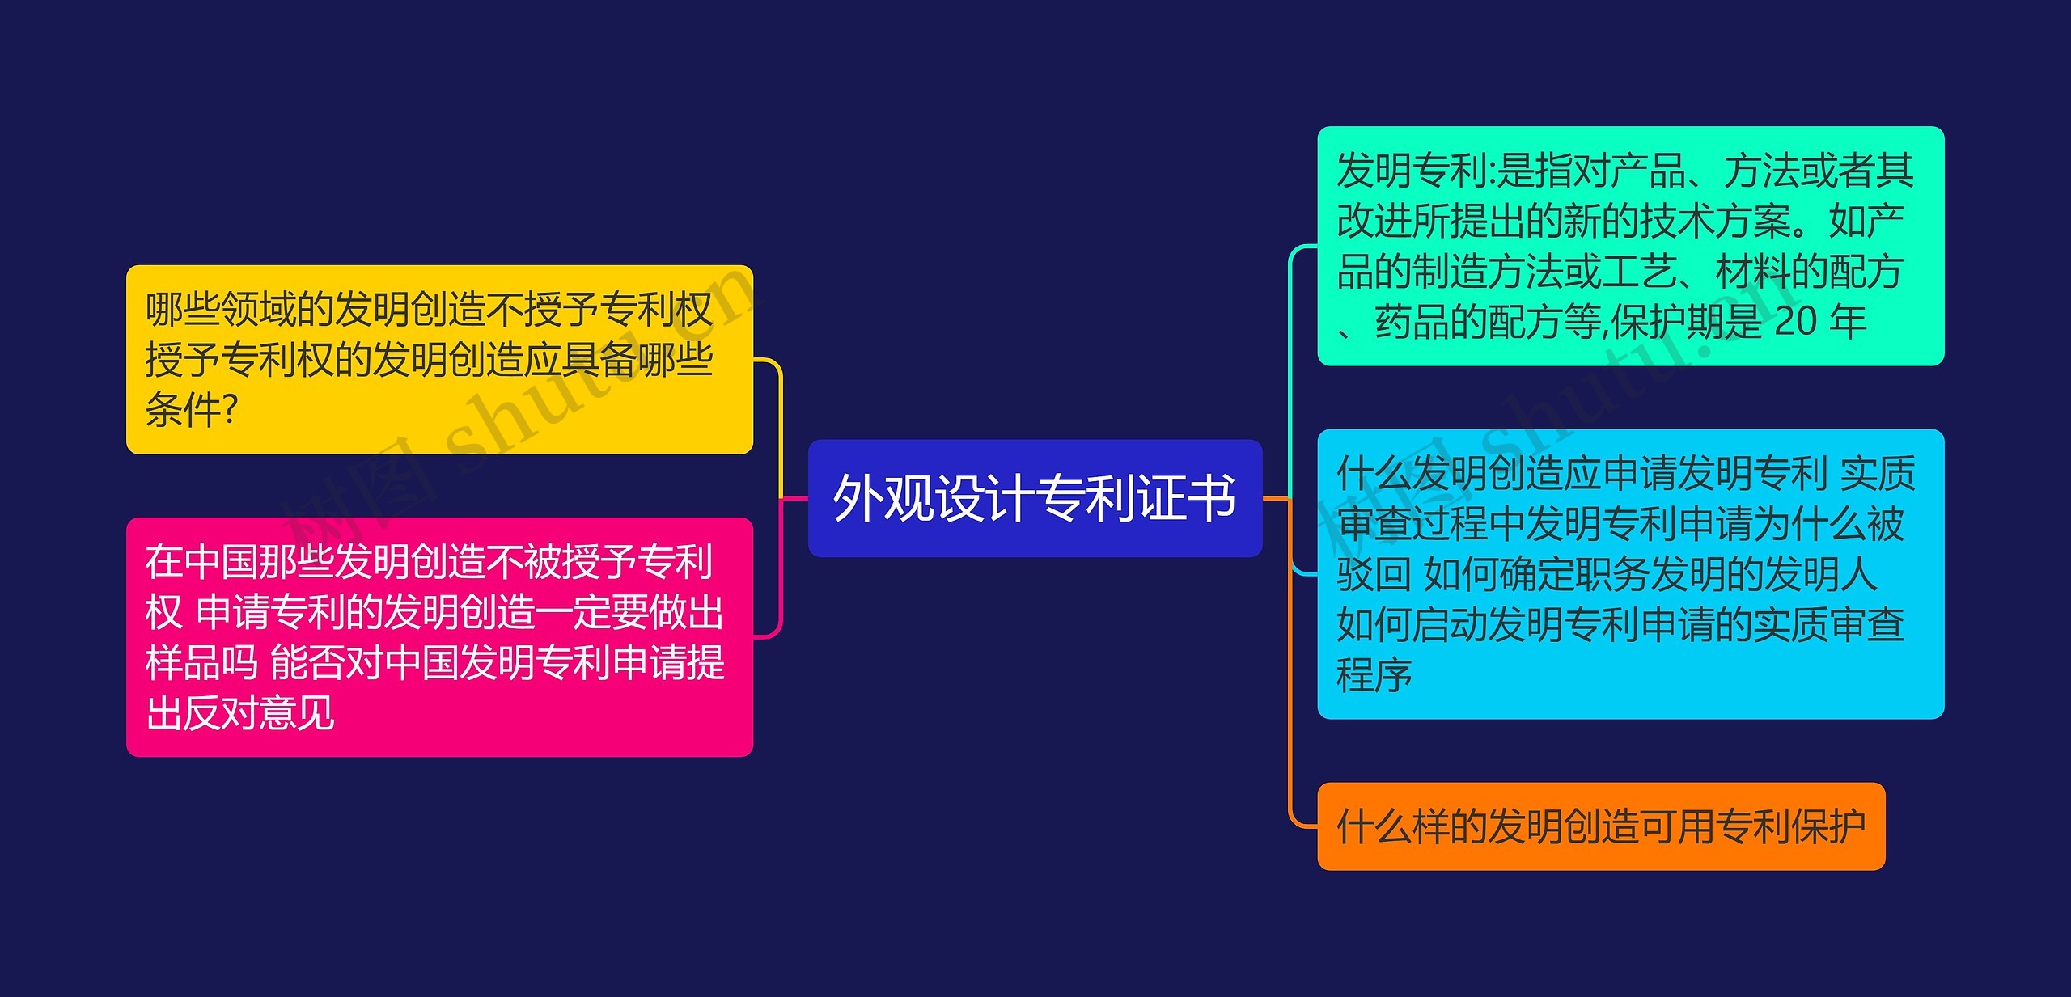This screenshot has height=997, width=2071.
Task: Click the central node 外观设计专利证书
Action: pyautogui.click(x=1035, y=498)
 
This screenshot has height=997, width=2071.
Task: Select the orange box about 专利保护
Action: pyautogui.click(x=1600, y=826)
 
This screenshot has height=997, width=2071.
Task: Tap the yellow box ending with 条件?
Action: pyautogui.click(x=439, y=359)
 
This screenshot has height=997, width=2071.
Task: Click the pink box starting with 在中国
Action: pyautogui.click(x=439, y=637)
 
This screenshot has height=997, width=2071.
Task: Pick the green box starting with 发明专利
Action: pyautogui.click(x=1630, y=246)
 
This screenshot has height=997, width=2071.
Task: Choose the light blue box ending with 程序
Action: pyautogui.click(x=1630, y=574)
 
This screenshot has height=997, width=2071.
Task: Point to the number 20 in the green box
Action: pyautogui.click(x=1795, y=322)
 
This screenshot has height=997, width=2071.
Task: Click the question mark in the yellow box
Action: pyautogui.click(x=229, y=409)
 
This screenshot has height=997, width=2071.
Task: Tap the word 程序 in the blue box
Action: pyautogui.click(x=1374, y=675)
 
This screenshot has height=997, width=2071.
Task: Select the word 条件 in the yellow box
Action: pyautogui.click(x=182, y=409)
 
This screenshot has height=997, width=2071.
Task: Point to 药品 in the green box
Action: pyautogui.click(x=1412, y=322)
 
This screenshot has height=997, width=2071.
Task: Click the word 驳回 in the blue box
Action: pyautogui.click(x=1374, y=574)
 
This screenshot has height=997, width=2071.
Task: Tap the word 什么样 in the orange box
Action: pyautogui.click(x=1392, y=826)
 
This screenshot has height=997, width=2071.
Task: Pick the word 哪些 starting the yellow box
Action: pyautogui.click(x=182, y=309)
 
